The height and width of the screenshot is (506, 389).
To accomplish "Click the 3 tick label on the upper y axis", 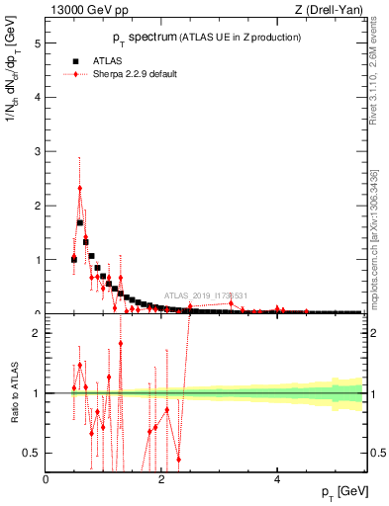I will pos(39,151).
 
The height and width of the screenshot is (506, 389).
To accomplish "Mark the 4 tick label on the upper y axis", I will pos(39,98).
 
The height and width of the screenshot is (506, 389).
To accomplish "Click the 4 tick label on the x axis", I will pos(277,480).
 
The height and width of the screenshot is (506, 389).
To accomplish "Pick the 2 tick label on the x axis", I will pos(161,480).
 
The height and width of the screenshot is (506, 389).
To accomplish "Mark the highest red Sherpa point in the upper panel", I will pos(80,188).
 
